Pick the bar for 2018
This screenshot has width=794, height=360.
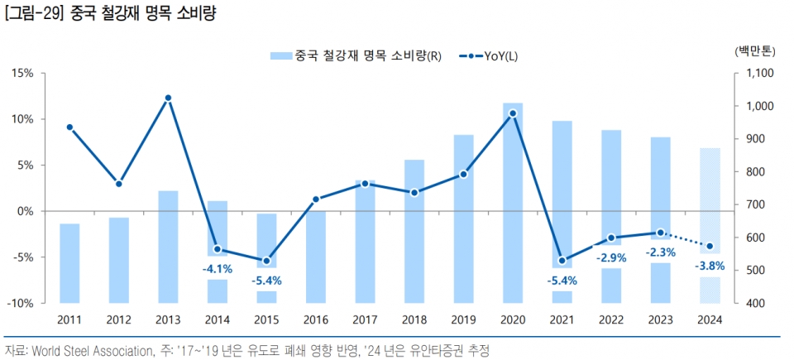(414, 231)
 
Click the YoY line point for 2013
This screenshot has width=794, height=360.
(168, 98)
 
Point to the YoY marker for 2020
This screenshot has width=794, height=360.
(513, 113)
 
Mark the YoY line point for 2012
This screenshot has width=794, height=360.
(118, 184)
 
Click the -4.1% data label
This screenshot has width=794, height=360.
(218, 269)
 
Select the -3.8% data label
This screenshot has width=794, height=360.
(710, 266)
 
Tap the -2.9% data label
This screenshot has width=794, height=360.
(611, 257)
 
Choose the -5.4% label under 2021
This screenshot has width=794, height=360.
(562, 281)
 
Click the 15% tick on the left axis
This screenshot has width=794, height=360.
(22, 74)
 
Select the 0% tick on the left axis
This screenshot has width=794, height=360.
(25, 212)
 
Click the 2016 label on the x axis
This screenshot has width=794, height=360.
(316, 319)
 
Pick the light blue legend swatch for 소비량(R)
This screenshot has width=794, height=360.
(280, 55)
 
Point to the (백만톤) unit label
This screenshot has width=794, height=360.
(753, 50)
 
